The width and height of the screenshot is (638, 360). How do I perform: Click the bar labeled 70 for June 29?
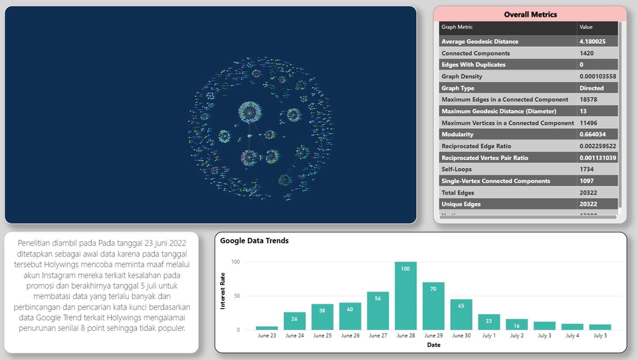[x=433, y=306]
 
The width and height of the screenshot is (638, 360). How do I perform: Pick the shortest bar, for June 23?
[x=266, y=327]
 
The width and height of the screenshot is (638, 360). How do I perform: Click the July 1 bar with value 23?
[x=488, y=322]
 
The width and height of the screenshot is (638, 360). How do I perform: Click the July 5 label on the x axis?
[x=599, y=336]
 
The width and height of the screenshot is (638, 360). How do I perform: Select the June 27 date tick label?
[x=377, y=336]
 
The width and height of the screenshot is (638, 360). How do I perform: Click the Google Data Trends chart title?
[x=255, y=240]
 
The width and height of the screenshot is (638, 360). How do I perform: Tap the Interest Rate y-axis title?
[x=223, y=291]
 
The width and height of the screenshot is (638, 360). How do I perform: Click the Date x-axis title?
[x=433, y=345]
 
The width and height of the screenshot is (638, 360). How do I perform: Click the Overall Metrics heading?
[x=530, y=14]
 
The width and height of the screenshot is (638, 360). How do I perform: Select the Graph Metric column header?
[x=458, y=27]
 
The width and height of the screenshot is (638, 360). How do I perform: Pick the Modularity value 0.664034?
[x=592, y=134]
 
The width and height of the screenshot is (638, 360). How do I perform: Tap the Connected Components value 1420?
[x=587, y=53]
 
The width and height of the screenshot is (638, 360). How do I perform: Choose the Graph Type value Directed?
[x=591, y=88]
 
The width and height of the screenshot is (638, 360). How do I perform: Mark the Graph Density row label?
[x=462, y=76]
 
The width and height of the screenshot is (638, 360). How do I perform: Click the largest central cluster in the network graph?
[x=251, y=112]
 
